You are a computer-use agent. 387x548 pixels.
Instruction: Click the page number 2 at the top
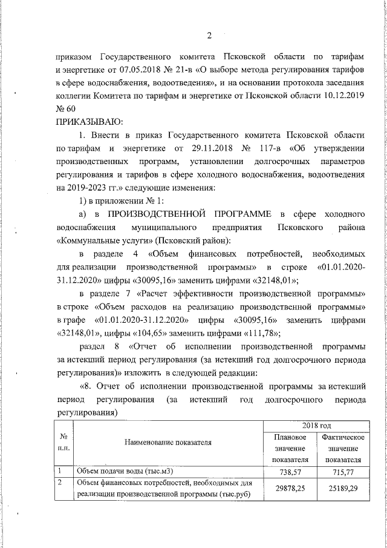209,35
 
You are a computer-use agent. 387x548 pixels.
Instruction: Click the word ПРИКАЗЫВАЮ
85,122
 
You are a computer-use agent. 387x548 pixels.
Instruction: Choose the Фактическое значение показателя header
343,449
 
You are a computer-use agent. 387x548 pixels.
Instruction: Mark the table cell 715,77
343,471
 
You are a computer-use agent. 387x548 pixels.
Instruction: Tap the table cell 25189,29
343,489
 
